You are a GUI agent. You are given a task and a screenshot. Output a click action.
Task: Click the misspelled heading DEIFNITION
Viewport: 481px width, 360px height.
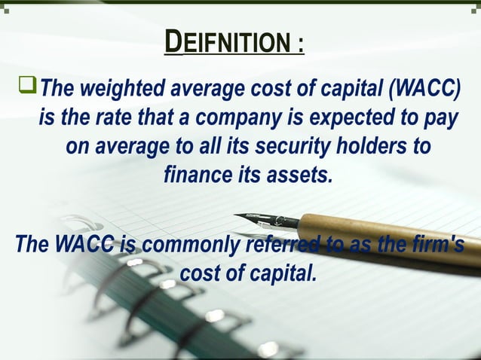226,41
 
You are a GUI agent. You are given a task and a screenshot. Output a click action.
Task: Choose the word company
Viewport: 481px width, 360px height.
230,118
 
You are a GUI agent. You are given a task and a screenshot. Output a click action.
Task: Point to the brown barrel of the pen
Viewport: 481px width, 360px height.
392,237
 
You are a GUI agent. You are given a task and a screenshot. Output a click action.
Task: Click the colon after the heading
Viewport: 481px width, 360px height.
300,44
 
